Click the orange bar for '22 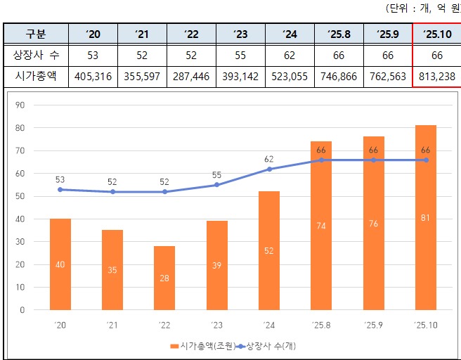[x=164, y=278]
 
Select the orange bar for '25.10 [x=426, y=217]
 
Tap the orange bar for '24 [x=269, y=250]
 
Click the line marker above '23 [x=216, y=185]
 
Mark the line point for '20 [x=60, y=189]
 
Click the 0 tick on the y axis [x=22, y=309]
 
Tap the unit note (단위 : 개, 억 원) [x=422, y=8]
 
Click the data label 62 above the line [x=269, y=160]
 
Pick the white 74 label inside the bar [x=321, y=226]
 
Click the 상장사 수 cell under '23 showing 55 [x=240, y=55]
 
